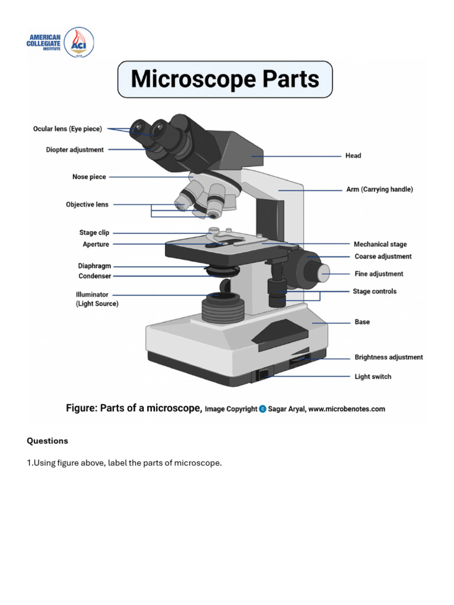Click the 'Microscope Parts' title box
[225, 79]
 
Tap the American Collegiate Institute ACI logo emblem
[79, 42]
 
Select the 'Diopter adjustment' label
[74, 150]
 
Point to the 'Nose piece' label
[89, 177]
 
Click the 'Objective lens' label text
[87, 204]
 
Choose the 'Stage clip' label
[94, 233]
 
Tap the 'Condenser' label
[95, 276]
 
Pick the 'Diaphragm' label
[95, 266]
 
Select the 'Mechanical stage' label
[380, 244]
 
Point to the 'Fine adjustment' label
[379, 274]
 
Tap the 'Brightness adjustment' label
[388, 357]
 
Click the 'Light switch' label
[372, 376]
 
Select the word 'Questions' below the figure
[47, 441]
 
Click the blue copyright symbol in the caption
[262, 409]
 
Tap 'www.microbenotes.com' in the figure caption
[346, 409]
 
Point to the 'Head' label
[353, 156]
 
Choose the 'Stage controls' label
[375, 291]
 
